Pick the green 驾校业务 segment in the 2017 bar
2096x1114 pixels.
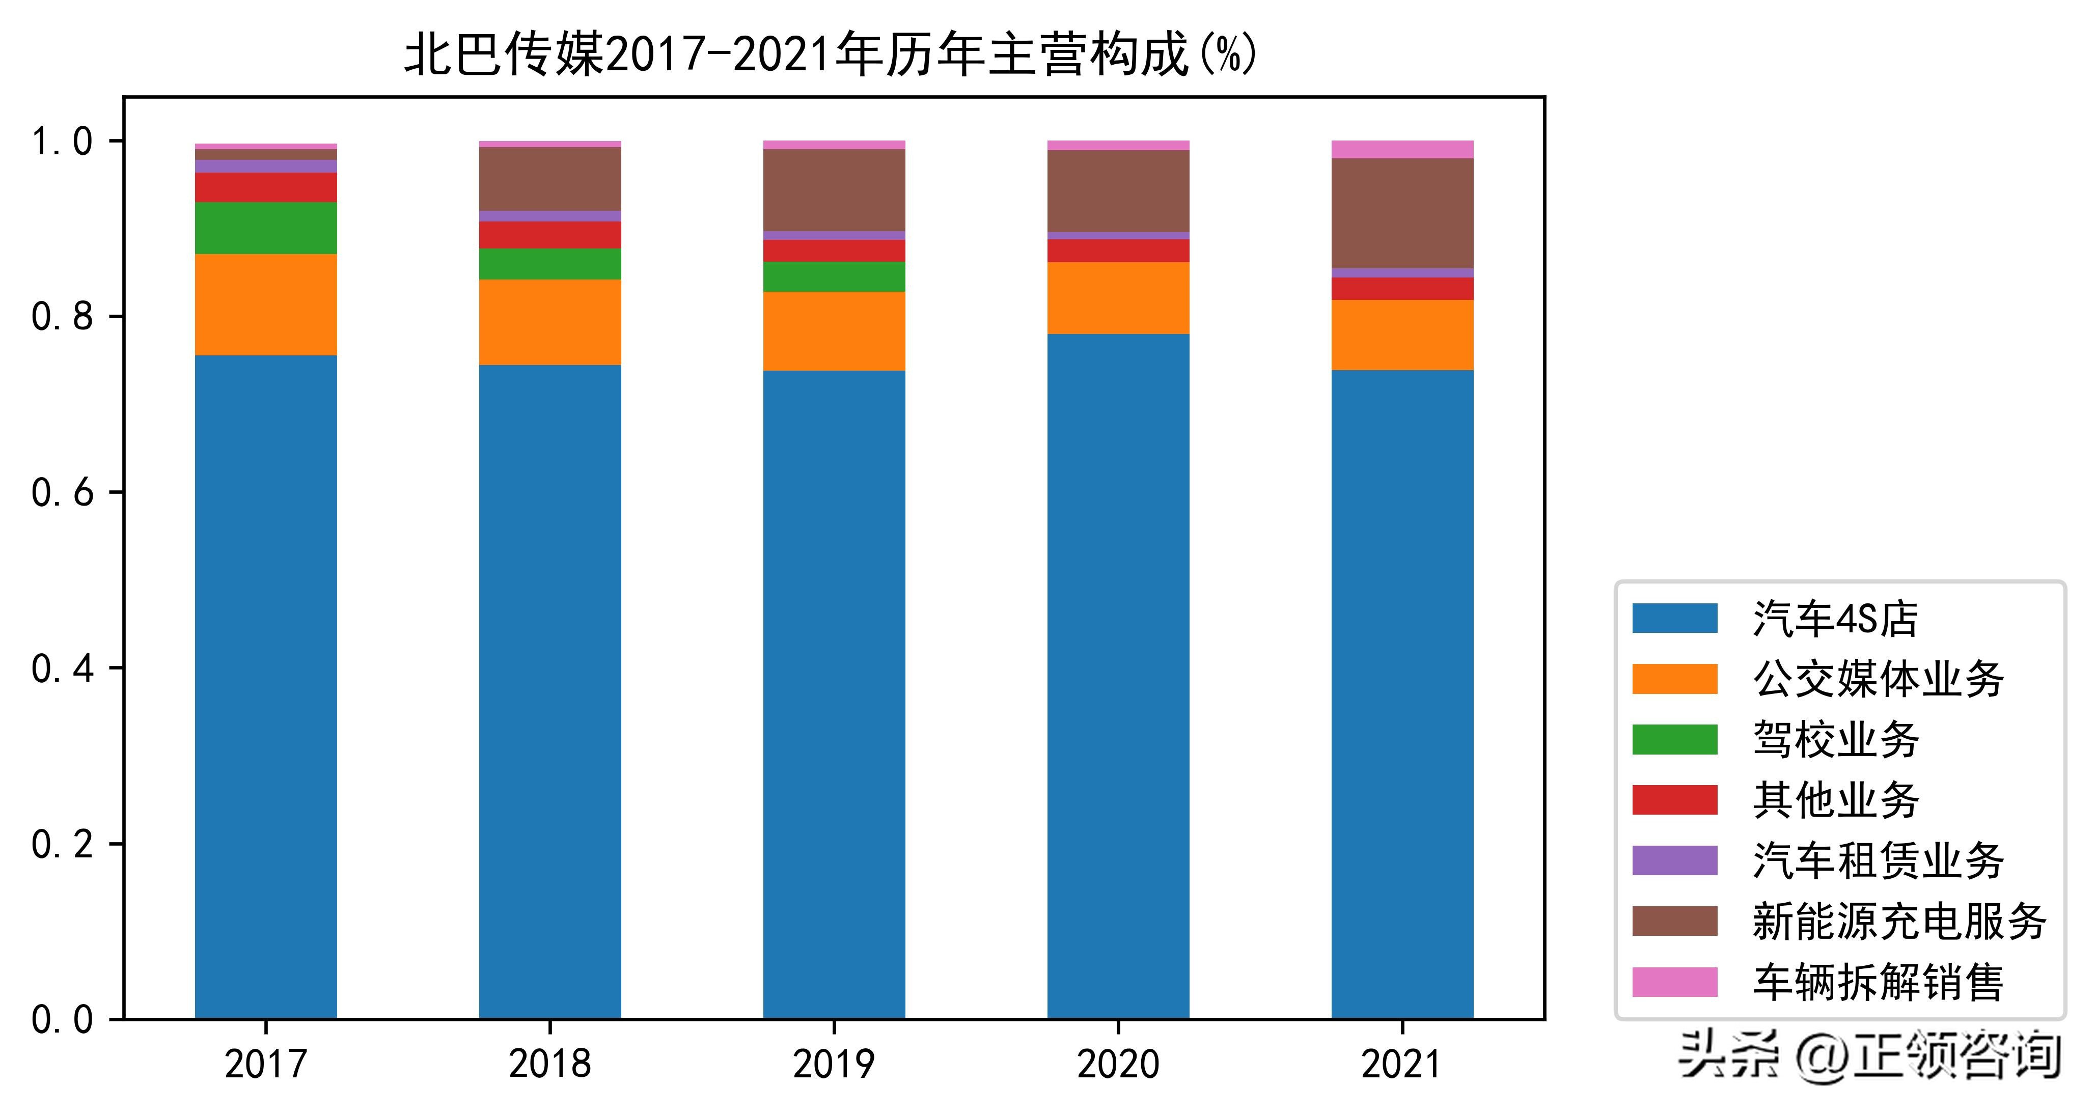(x=266, y=228)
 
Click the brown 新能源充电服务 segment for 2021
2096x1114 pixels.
(x=1402, y=213)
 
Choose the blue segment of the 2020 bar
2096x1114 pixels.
(x=1118, y=676)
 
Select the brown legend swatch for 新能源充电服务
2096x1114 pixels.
(x=1674, y=921)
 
